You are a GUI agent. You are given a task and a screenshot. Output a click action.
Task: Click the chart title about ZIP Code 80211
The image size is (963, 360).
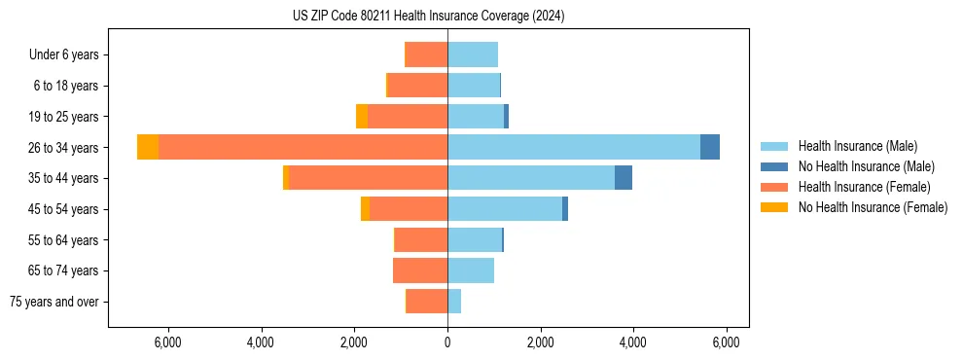[x=428, y=17]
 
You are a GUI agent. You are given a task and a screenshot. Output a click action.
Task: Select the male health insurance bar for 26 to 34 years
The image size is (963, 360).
[x=574, y=147]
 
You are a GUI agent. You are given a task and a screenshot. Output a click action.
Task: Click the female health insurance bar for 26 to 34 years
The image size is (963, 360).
[x=303, y=147]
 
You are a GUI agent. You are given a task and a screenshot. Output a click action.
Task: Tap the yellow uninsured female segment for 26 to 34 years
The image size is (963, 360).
[x=148, y=147]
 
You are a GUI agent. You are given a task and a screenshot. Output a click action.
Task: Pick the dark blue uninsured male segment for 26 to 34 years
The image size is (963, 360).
[x=710, y=147]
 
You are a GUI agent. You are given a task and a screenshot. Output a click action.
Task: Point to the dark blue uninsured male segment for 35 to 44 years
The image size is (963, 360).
[x=624, y=178]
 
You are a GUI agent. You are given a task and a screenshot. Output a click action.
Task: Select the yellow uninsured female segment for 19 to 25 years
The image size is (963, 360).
[x=362, y=117]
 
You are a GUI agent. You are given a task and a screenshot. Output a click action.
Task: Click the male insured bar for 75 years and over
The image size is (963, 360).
[x=454, y=302]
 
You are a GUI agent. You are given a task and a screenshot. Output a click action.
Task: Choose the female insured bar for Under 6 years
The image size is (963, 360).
[x=426, y=54]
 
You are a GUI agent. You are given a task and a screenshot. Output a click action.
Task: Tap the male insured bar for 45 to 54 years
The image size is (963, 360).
[x=505, y=209]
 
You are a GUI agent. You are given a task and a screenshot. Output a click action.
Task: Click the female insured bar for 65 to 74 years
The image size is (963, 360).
[x=420, y=270]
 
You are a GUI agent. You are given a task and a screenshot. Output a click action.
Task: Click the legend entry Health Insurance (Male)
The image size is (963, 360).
[x=852, y=146]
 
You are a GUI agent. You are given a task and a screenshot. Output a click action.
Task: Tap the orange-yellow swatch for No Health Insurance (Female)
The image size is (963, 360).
[x=775, y=207]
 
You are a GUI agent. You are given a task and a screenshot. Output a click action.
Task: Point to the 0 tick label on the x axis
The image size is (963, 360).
[x=447, y=342]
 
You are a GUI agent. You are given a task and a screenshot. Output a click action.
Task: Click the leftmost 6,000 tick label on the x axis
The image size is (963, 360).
[x=168, y=342]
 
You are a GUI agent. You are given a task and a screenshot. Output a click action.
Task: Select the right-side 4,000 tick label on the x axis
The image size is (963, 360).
[x=633, y=342]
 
